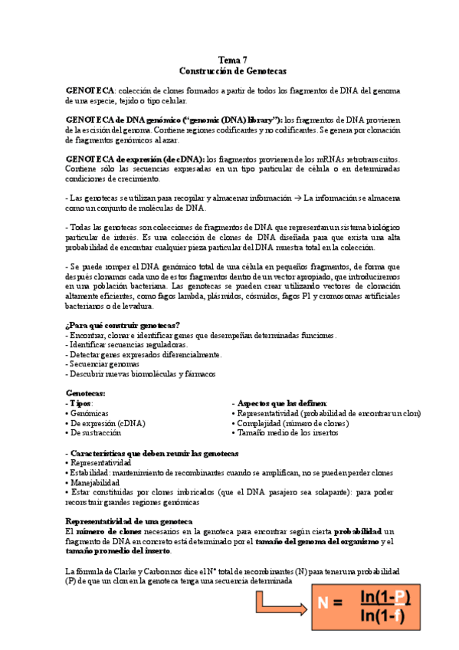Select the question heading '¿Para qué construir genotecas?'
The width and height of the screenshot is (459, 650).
tap(123, 325)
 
